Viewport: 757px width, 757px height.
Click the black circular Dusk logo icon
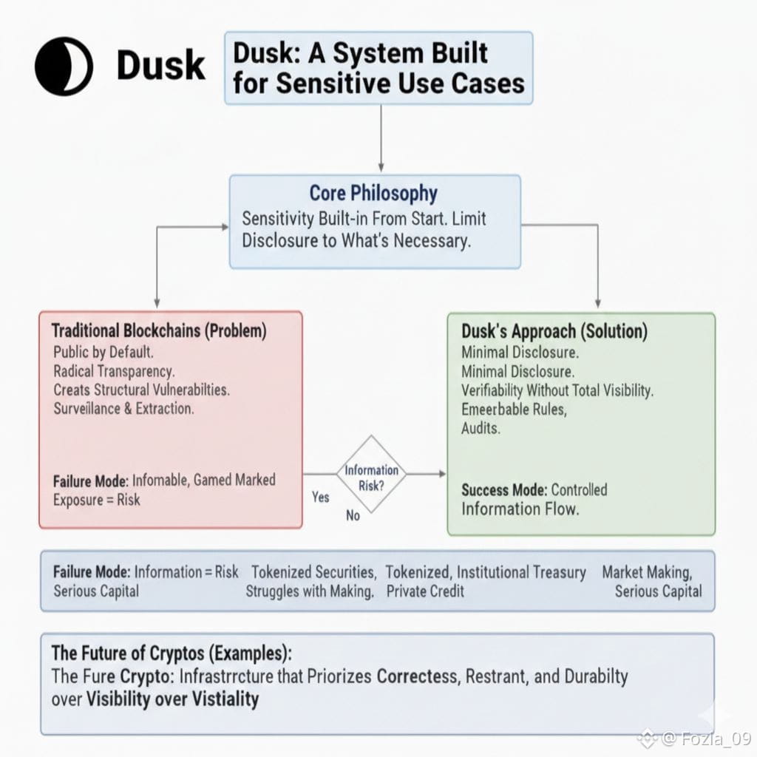pos(64,67)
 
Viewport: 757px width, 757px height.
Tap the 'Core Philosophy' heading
pos(373,194)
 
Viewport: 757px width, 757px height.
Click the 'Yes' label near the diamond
pos(320,497)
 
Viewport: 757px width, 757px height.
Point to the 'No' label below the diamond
pos(353,515)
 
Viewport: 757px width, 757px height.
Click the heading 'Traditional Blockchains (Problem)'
pos(158,330)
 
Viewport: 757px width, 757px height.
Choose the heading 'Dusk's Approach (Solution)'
pos(554,331)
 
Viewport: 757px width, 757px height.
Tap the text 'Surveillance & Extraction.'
pos(123,408)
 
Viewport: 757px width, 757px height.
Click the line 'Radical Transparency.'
pos(114,370)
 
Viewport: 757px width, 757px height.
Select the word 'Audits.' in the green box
pos(481,428)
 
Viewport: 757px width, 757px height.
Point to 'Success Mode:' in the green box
pos(504,489)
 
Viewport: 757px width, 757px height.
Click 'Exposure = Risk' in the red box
pos(96,500)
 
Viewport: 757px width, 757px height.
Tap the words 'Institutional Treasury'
pos(521,572)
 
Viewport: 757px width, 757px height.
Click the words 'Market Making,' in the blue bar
pos(647,572)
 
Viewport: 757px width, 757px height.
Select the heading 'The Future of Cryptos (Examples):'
pos(172,654)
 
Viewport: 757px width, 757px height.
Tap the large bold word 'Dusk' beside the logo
pos(161,67)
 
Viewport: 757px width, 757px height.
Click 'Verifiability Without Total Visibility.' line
pos(557,390)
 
